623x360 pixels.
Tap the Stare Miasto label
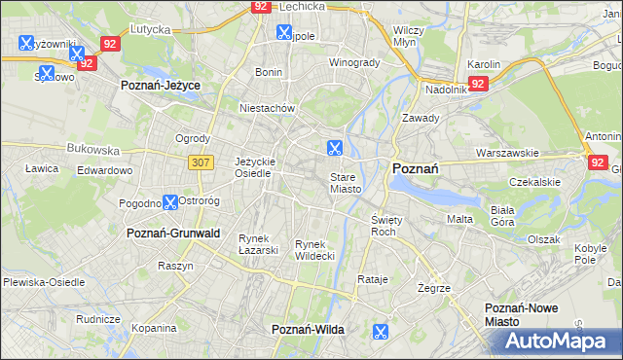(346, 183)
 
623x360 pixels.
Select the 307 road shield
(201, 162)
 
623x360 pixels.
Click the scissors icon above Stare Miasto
(334, 148)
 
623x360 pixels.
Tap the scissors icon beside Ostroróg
(170, 202)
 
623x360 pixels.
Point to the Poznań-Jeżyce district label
(161, 86)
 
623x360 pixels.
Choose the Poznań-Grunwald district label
(173, 234)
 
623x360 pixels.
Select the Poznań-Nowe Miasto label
(522, 314)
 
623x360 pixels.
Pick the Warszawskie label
(507, 154)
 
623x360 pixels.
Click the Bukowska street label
(92, 150)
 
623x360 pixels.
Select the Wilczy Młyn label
(405, 37)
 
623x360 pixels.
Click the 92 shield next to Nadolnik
(477, 85)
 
